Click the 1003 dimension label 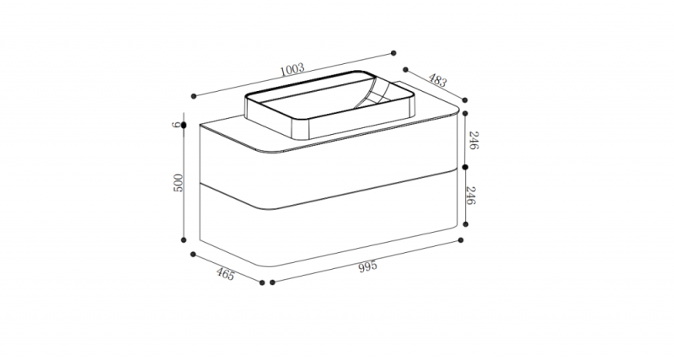click(292, 69)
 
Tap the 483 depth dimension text click(437, 80)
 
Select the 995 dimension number click(367, 266)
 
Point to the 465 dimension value click(225, 274)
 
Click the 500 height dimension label click(178, 183)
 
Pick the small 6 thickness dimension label click(175, 125)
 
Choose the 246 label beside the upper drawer click(473, 141)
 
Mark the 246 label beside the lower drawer click(471, 196)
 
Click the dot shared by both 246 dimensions click(465, 167)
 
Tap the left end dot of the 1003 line click(194, 96)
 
